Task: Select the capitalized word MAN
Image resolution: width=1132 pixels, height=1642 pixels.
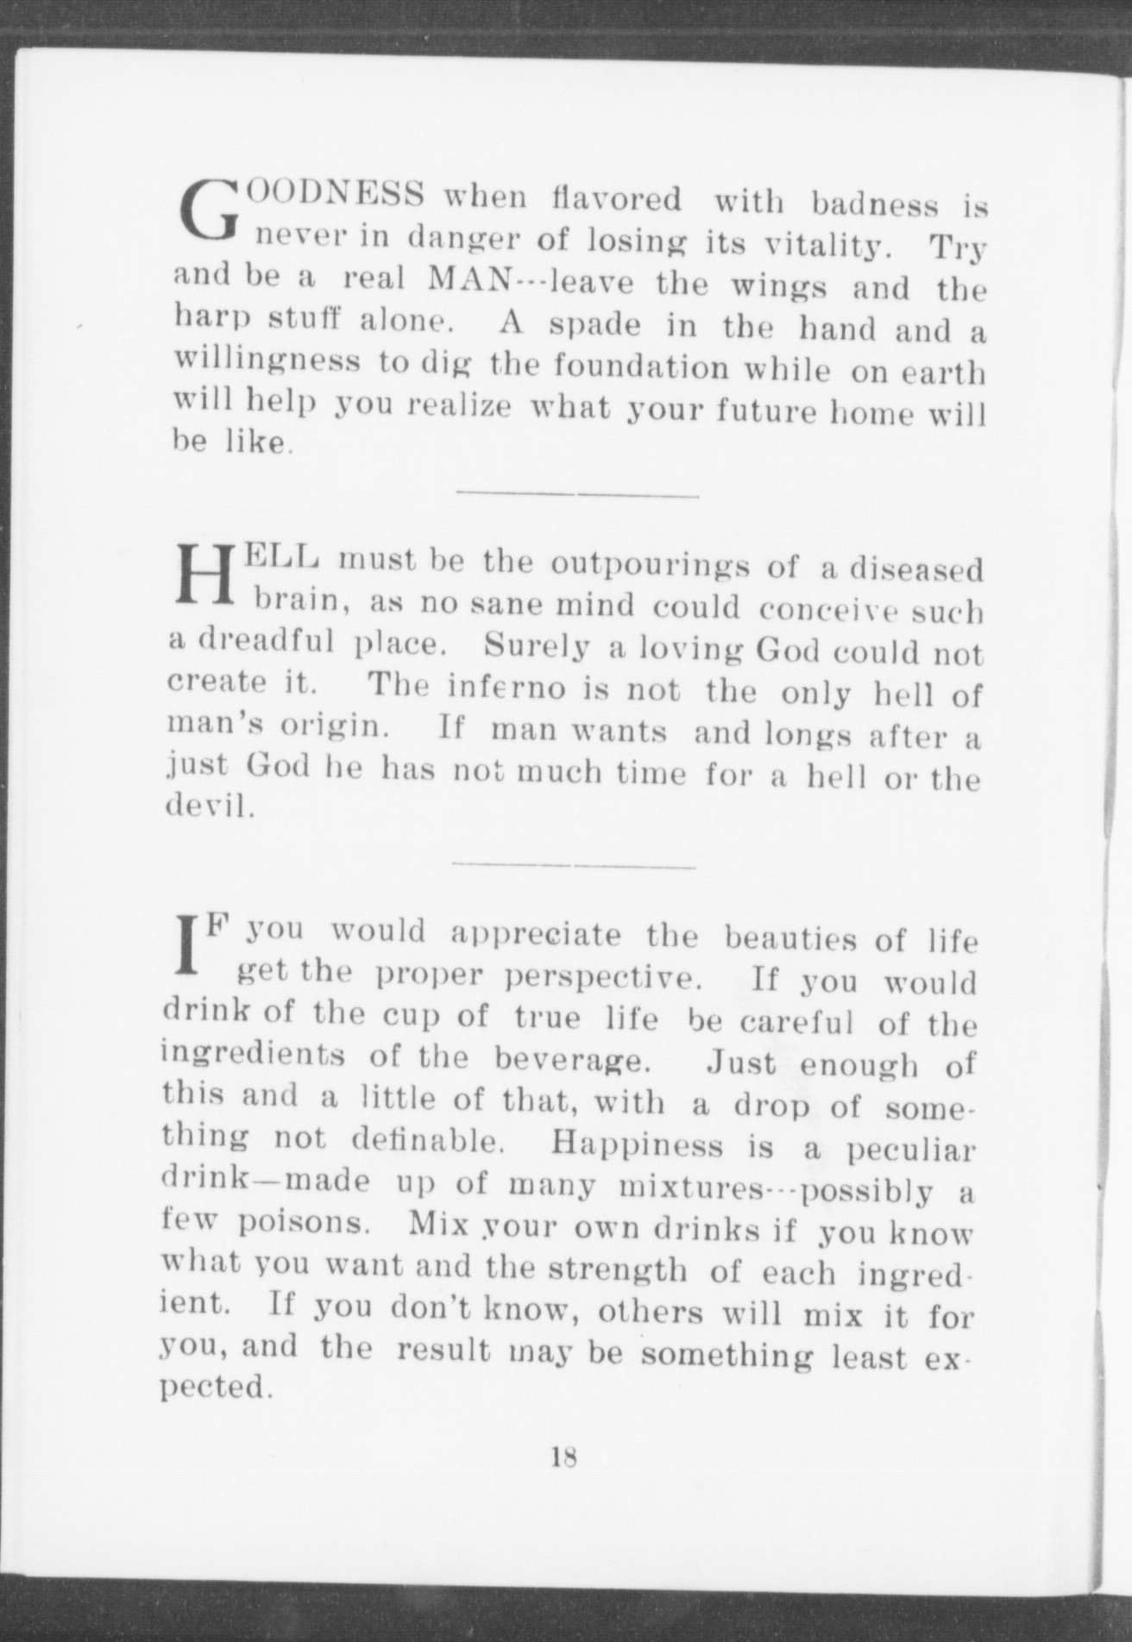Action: tap(469, 280)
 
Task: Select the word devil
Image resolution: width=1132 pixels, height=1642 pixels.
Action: tap(209, 807)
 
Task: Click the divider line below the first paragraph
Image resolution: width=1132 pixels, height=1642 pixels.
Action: tap(576, 495)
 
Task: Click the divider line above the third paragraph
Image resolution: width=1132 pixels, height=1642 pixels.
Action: tap(573, 865)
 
